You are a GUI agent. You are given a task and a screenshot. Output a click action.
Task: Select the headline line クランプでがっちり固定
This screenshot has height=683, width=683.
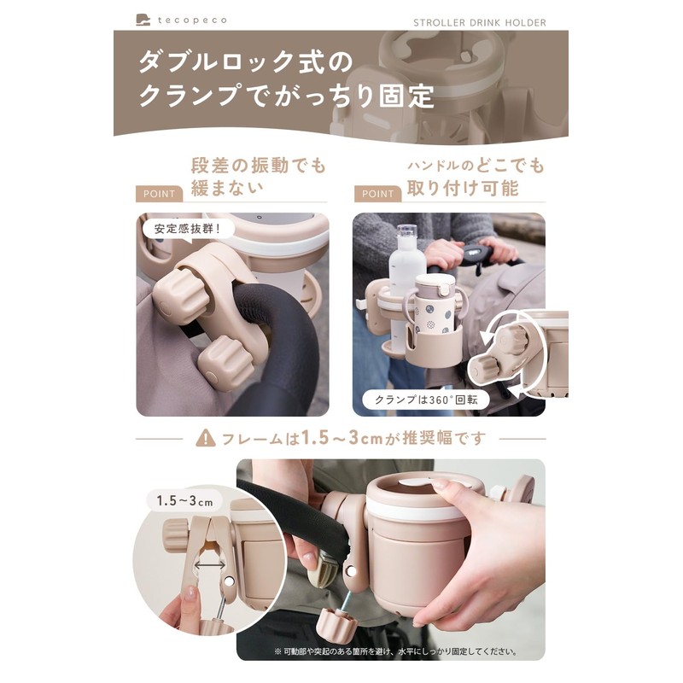pos(286,96)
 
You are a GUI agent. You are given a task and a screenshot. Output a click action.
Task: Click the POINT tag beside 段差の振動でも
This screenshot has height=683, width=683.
pos(160,194)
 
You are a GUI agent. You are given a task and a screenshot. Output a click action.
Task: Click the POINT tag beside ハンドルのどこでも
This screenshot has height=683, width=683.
pos(378,194)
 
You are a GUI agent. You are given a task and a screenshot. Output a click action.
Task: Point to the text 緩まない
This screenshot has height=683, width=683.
pos(225,188)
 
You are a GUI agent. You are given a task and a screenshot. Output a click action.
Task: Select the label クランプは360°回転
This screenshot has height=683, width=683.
pos(415,399)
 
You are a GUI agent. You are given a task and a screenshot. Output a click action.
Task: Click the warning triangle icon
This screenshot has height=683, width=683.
pos(206,439)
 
